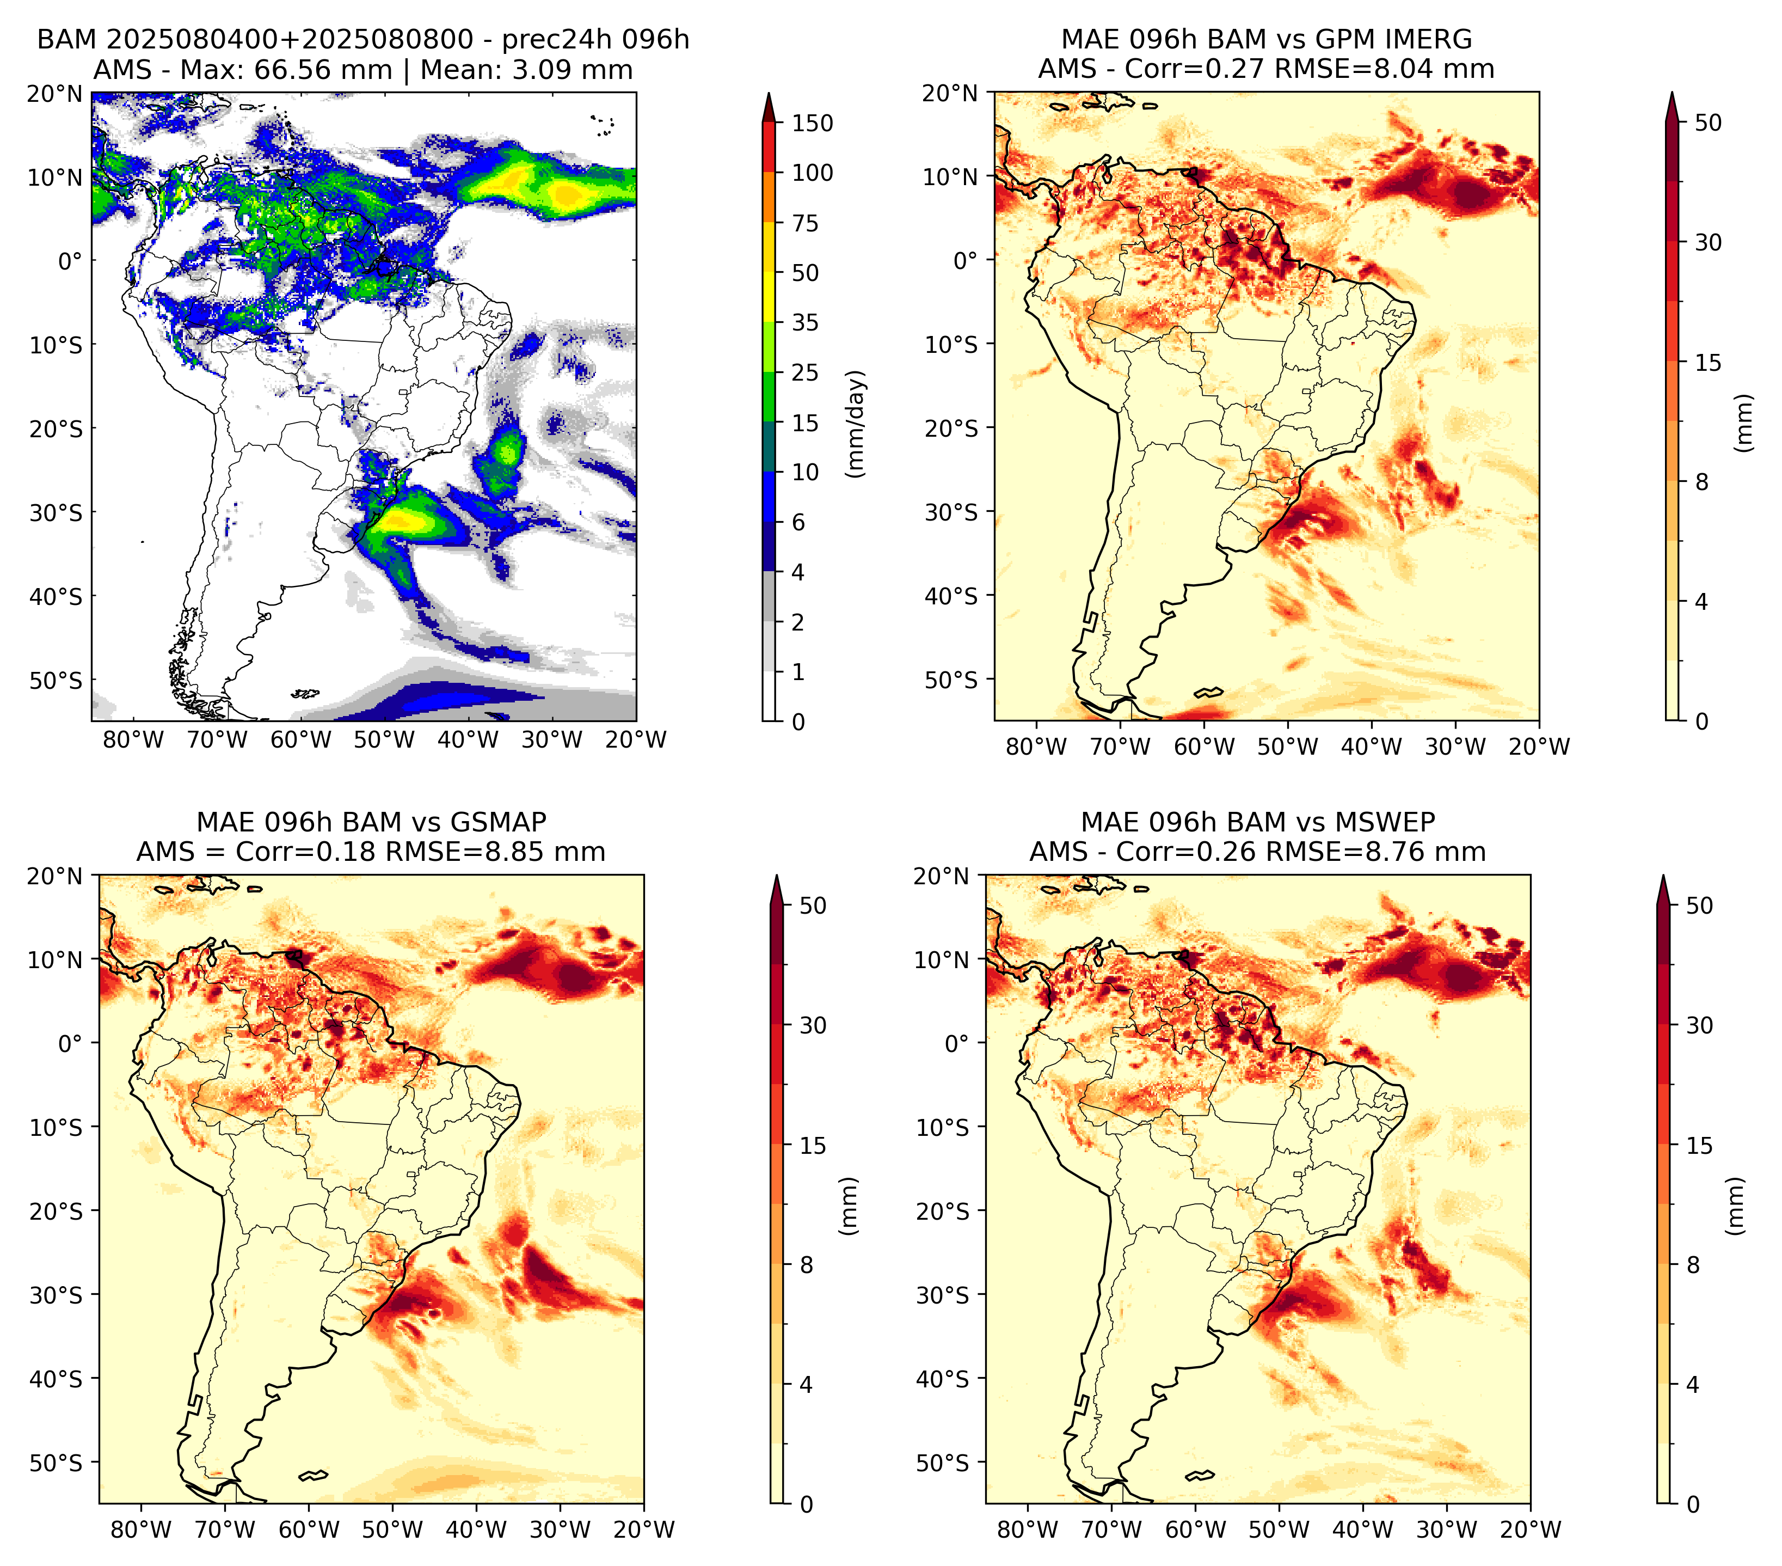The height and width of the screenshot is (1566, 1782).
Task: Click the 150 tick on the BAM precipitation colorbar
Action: (x=812, y=123)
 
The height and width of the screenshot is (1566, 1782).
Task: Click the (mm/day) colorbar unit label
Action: (x=857, y=424)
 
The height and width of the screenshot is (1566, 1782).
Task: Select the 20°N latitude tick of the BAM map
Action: (x=55, y=94)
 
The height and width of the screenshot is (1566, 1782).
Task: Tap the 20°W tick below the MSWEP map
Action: (x=1531, y=1530)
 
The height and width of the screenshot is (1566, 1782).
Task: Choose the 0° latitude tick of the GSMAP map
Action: (x=71, y=1043)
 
